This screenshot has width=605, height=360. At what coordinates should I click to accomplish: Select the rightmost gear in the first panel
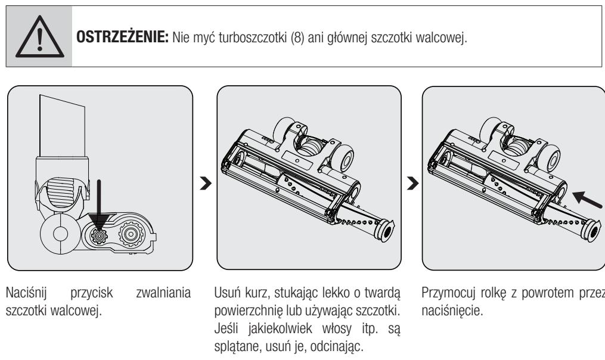132,233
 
